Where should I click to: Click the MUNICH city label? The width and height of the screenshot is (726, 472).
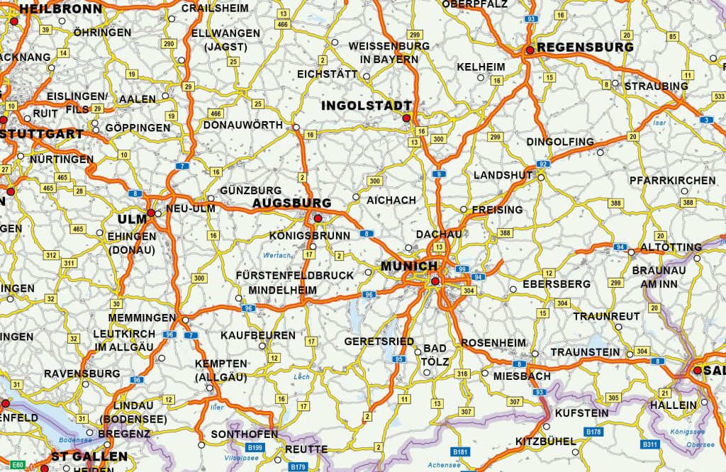(409, 266)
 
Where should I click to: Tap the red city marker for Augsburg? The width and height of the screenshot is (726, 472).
(318, 218)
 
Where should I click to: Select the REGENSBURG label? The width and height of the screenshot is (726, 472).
(585, 47)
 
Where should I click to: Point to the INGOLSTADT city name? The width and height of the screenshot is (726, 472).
(367, 106)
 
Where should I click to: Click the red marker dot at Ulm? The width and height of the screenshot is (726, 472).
(151, 213)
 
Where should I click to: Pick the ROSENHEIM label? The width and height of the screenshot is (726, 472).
(494, 343)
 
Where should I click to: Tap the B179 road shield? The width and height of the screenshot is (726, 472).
(298, 467)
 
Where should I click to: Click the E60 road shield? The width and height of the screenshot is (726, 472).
(18, 465)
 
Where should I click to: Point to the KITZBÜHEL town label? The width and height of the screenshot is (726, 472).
(546, 441)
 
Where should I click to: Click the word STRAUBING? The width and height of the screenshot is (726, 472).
(656, 86)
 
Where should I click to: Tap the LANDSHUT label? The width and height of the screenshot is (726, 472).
(503, 175)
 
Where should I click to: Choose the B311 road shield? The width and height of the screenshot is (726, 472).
(649, 444)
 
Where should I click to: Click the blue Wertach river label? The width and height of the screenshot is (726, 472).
(277, 255)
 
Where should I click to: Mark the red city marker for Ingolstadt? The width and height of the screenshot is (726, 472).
(406, 118)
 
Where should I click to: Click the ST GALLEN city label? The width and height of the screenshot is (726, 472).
(89, 457)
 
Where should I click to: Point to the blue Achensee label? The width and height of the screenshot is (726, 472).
(444, 466)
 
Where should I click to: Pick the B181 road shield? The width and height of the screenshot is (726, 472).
(461, 451)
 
